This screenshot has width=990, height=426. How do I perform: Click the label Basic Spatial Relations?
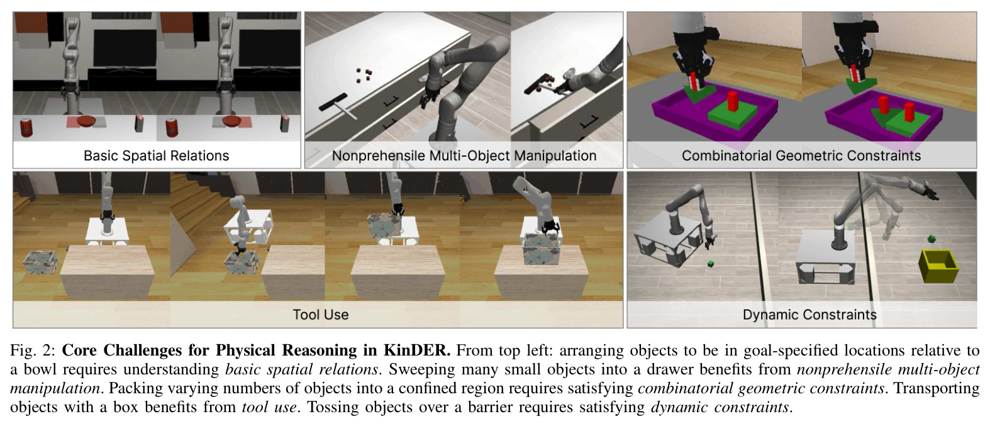point(156,155)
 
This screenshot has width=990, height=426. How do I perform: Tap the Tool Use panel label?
point(320,315)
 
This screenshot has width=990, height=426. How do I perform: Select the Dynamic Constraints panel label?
point(809,315)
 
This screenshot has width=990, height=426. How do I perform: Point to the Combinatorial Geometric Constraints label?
point(801,155)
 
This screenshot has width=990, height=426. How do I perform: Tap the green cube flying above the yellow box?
point(932,239)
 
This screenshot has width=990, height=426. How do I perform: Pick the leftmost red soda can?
point(26,127)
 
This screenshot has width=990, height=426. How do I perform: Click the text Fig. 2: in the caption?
point(33,350)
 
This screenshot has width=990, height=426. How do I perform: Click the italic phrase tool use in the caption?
point(269,407)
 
